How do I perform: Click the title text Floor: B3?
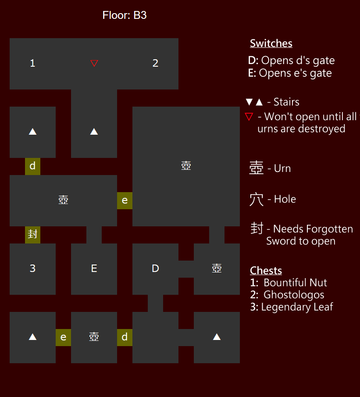[125, 15]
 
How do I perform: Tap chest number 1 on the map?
[32, 63]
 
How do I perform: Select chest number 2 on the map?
[155, 63]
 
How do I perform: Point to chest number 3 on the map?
[32, 268]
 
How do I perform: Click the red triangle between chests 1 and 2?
[94, 64]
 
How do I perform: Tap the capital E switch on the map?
[94, 268]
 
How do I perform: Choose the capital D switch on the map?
[155, 268]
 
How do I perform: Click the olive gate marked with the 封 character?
[32, 234]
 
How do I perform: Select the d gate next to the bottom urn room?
[125, 337]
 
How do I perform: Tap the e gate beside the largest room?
[125, 200]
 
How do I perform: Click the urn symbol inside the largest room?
[186, 166]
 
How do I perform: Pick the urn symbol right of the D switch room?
[217, 268]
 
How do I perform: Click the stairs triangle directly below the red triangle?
[94, 131]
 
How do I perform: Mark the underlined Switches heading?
[271, 43]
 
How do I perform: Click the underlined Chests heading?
[266, 270]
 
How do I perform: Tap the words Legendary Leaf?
[297, 307]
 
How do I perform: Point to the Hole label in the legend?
[285, 199]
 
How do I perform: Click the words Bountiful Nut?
[295, 283]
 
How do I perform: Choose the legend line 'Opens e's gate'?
[295, 73]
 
